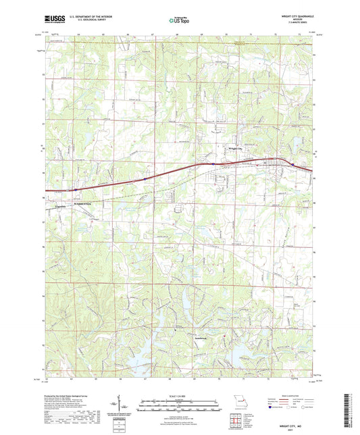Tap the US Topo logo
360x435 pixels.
[x=180, y=21]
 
